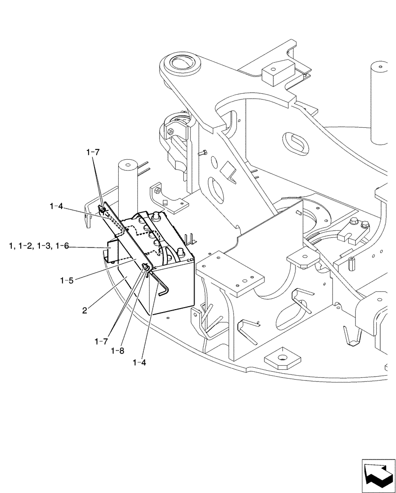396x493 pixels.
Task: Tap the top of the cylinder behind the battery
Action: point(127,164)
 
